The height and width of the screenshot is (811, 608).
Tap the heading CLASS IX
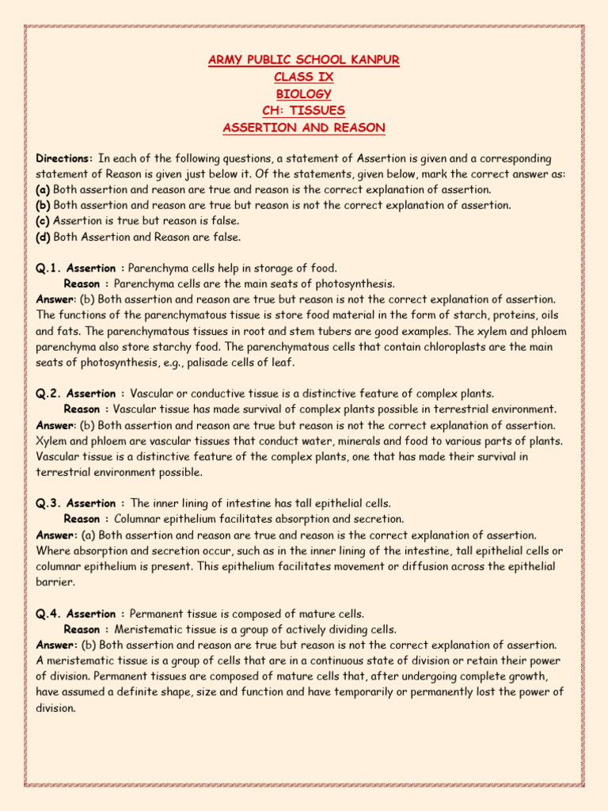[304, 77]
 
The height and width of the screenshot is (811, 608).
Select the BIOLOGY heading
[304, 93]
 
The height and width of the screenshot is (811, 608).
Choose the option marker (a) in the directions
[44, 189]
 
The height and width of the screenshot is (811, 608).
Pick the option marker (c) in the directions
[44, 220]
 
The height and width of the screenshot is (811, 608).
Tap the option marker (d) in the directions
[44, 236]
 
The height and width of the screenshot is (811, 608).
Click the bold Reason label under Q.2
[82, 409]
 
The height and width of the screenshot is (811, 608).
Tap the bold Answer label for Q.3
[55, 535]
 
